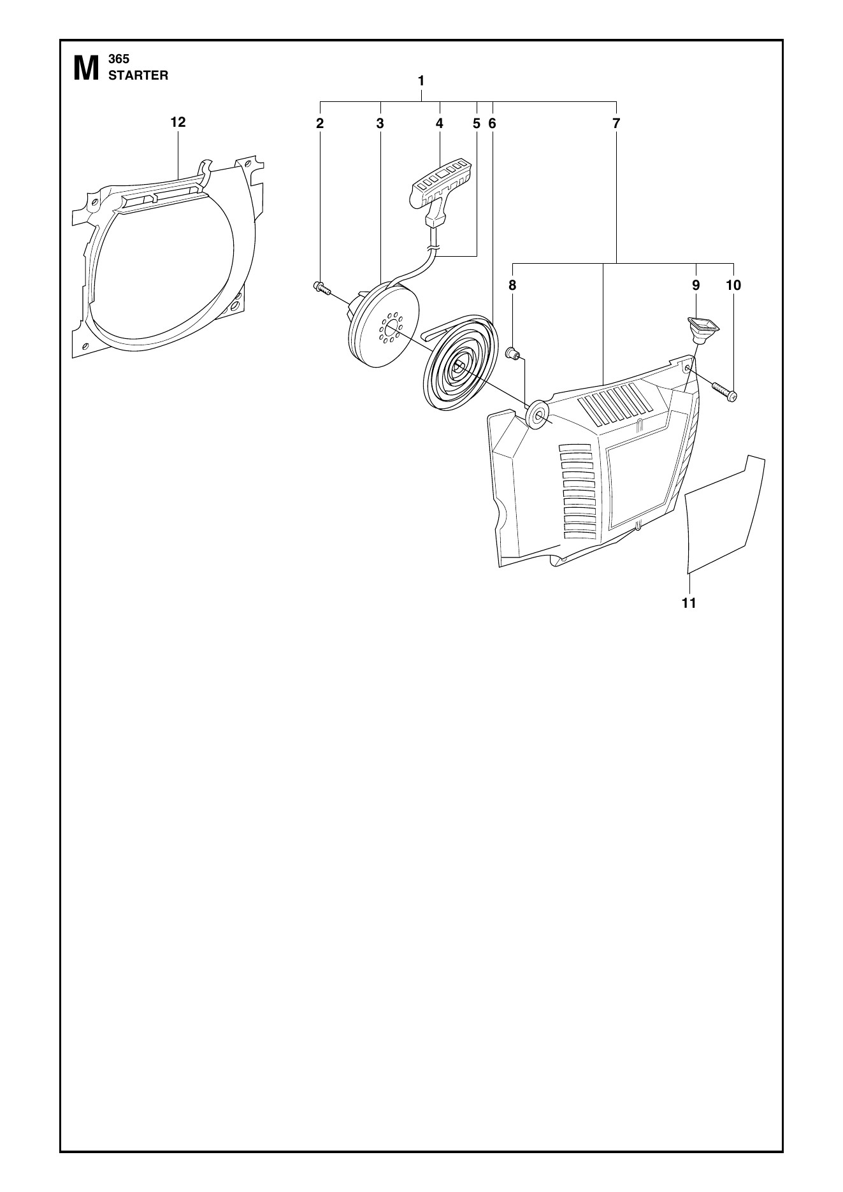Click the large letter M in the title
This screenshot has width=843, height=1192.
coord(86,69)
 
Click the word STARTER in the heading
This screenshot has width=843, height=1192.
coord(138,75)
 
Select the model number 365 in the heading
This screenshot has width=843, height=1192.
coord(119,59)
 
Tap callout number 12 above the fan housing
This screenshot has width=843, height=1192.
coord(178,122)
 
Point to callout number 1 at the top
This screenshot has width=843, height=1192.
coord(421,81)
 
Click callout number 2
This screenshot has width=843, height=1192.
coord(320,124)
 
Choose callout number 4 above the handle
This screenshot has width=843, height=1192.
coord(440,124)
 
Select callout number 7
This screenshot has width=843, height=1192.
coord(616,124)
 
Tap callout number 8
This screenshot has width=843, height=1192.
coord(512,285)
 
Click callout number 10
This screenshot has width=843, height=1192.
coord(733,285)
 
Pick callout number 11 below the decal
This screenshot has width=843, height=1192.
coord(689,603)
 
